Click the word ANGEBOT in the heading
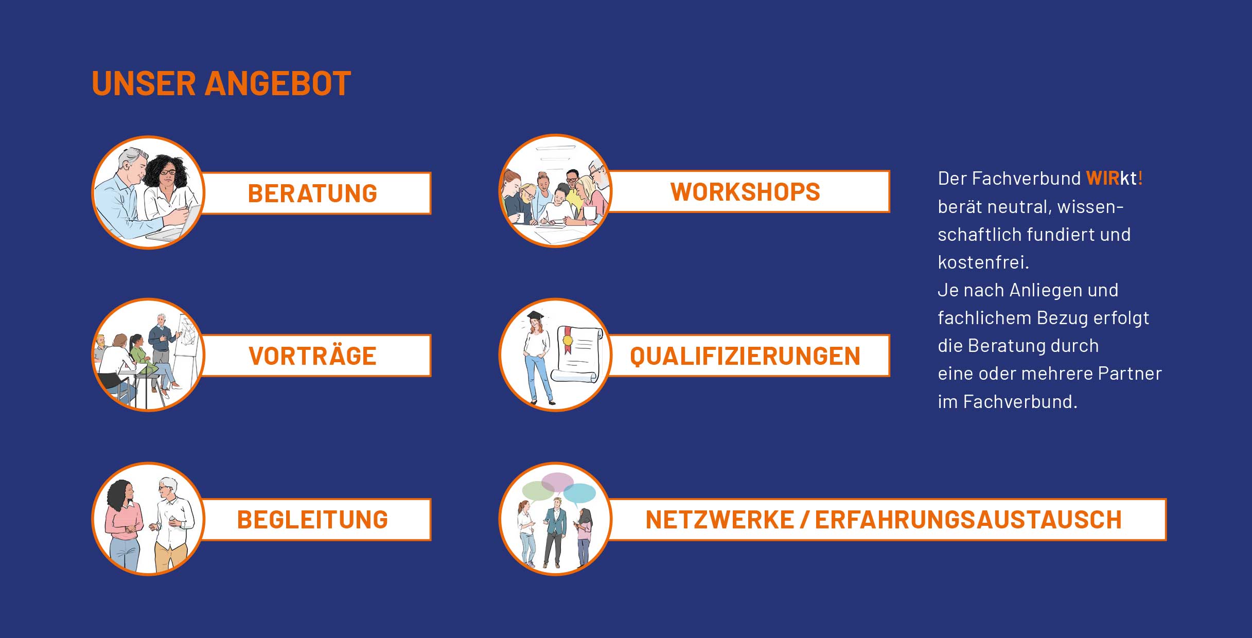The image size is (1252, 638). [x=278, y=83]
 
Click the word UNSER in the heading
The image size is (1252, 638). [x=144, y=83]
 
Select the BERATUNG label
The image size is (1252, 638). [x=312, y=193]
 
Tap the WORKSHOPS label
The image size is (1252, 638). [x=745, y=192]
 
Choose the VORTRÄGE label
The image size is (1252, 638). [x=312, y=356]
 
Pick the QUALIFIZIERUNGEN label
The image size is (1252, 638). [x=745, y=356]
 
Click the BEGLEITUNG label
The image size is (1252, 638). [x=312, y=520]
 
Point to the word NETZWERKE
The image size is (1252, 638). [x=719, y=520]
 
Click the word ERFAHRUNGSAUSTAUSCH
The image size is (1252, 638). [x=968, y=520]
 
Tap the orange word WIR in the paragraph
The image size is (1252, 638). [x=1103, y=179]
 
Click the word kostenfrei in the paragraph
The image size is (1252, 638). [x=983, y=262]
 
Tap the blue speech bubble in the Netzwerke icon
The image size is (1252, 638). [x=579, y=493]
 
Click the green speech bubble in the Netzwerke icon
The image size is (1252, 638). [x=538, y=491]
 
